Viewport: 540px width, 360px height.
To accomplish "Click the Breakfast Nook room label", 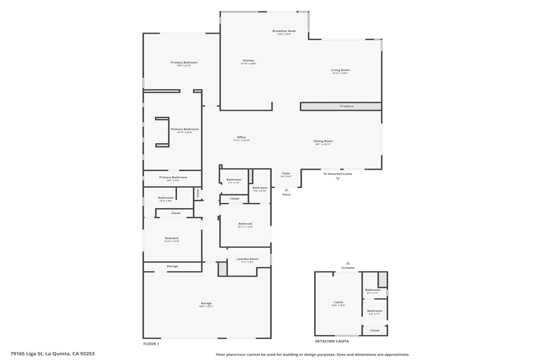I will click(x=284, y=31).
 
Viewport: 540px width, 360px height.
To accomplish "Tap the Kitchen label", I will click(x=248, y=61).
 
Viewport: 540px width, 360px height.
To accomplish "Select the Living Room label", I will click(x=340, y=70).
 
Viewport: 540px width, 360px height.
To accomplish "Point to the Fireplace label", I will click(x=346, y=106).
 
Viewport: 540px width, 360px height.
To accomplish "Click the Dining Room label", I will click(x=323, y=141).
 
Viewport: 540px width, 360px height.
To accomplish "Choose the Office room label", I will click(x=242, y=138).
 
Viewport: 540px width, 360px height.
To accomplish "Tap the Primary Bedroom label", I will click(x=184, y=63).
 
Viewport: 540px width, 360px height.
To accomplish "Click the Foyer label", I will click(x=286, y=173).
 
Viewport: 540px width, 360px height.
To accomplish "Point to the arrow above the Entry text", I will click(x=286, y=190).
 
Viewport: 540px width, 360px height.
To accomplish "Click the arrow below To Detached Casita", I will click(x=337, y=179).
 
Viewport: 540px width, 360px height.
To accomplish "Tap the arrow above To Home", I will click(x=348, y=263).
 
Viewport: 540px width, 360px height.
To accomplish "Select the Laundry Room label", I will click(x=247, y=259).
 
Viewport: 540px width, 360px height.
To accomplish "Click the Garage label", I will click(x=206, y=303).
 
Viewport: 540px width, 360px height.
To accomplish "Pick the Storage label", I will click(x=172, y=266).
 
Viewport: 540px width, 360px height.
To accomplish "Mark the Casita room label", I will click(x=338, y=302).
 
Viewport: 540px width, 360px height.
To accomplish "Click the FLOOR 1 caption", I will click(x=151, y=344).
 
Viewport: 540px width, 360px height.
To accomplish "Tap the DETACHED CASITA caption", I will click(x=332, y=341).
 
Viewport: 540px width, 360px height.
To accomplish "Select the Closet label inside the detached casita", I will click(x=374, y=330).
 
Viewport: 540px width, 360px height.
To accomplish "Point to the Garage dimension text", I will click(x=206, y=306).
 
